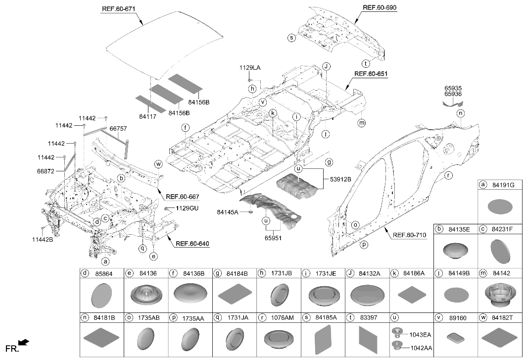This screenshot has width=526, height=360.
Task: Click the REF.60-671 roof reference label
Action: pos(118,9)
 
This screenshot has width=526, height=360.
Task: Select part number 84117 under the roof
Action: pos(147,117)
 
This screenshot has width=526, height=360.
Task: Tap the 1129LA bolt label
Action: pos(249,68)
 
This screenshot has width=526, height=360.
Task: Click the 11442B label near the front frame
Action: pos(43,240)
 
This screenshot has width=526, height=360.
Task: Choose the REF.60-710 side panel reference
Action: pos(410,235)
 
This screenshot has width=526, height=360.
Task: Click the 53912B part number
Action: pos(340,179)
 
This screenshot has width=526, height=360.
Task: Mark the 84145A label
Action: pos(228,212)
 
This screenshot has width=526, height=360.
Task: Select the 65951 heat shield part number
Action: pos(273,238)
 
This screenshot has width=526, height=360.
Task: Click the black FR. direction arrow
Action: pos(24,343)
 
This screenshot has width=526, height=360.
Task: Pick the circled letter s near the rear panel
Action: pos(291,38)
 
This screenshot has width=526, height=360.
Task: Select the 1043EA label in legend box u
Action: pos(420,334)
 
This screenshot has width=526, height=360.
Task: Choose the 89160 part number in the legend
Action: pos(458,318)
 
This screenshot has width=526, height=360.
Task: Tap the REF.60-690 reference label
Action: pos(380,7)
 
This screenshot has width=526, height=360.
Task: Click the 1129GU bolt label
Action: pos(187,208)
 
